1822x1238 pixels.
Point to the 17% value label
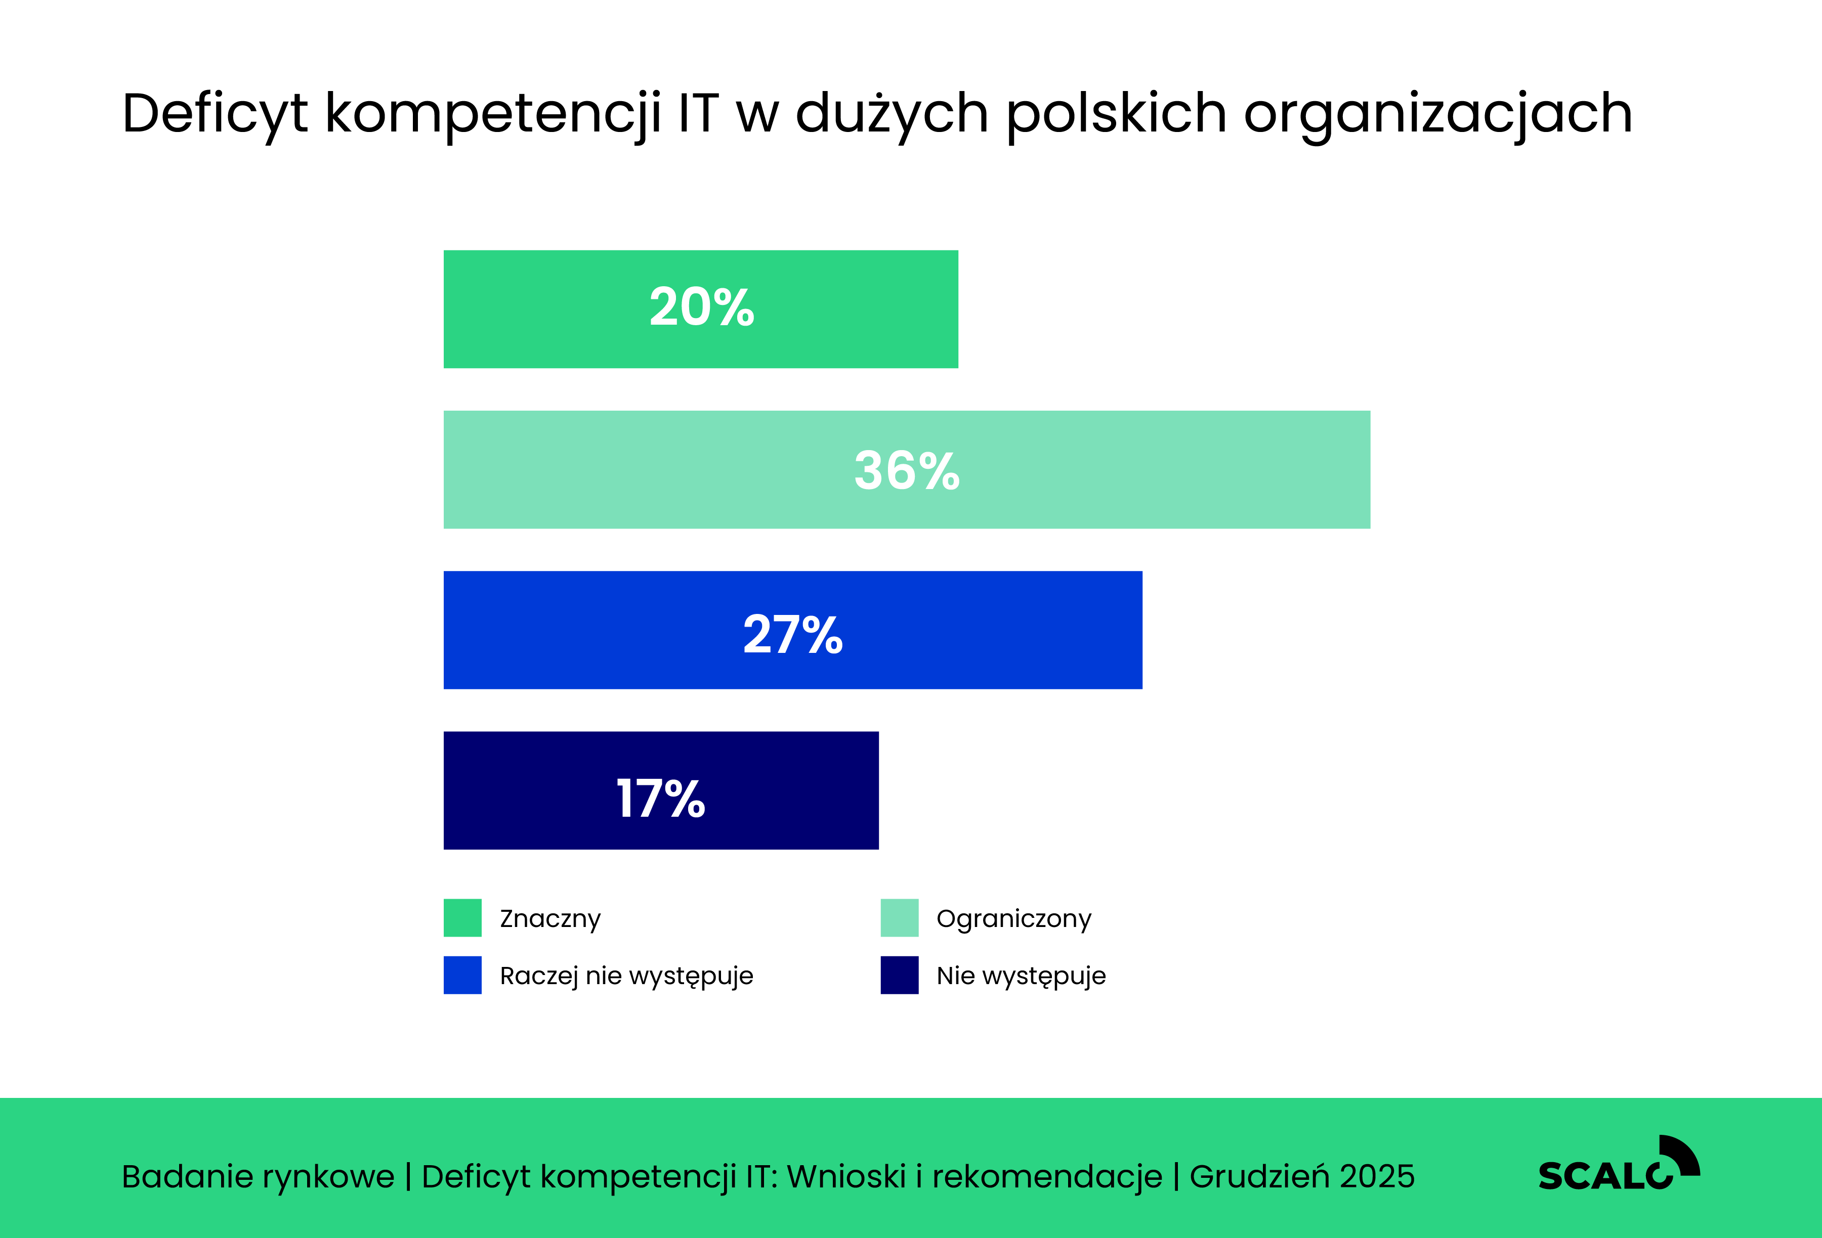point(660,799)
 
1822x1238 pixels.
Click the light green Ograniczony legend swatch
point(899,917)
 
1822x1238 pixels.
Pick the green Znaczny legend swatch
point(462,917)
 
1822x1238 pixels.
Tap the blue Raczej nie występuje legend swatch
point(462,975)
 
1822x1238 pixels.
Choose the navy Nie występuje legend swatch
point(899,975)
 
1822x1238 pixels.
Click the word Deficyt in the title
point(215,114)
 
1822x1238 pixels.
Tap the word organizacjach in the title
point(1438,114)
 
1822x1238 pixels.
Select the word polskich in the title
point(1116,114)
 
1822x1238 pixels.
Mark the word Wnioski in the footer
point(846,1176)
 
